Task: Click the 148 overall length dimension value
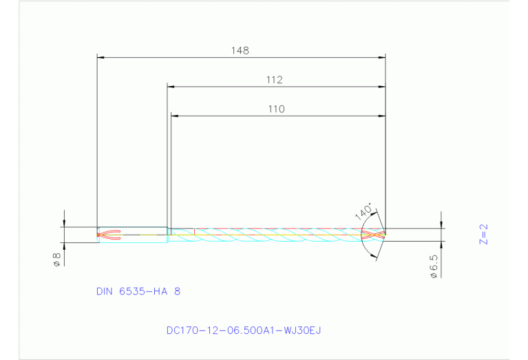click(240, 50)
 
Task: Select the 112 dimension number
click(275, 80)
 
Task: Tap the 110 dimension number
click(276, 109)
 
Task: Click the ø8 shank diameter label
click(57, 260)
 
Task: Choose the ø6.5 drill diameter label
click(434, 265)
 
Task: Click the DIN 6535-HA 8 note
click(138, 291)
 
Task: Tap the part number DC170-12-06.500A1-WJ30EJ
click(244, 330)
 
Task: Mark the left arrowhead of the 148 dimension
click(101, 57)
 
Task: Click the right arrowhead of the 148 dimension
click(381, 57)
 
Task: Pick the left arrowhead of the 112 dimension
click(171, 87)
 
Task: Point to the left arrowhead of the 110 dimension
click(174, 116)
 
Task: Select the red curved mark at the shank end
click(110, 235)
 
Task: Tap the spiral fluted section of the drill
click(275, 235)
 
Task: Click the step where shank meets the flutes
click(168, 235)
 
